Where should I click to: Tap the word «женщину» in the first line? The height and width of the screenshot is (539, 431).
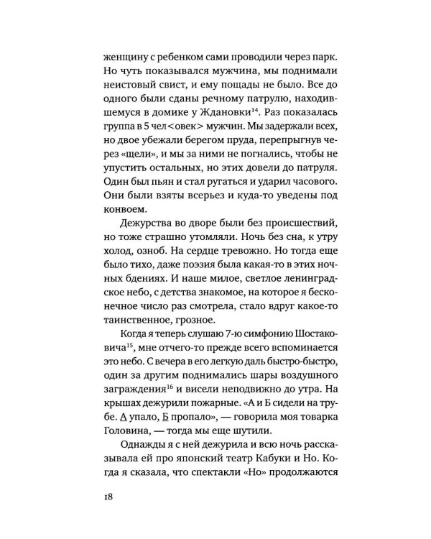(x=113, y=57)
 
